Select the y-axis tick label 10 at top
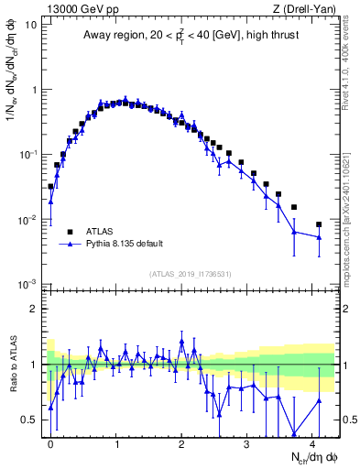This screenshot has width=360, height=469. (32, 25)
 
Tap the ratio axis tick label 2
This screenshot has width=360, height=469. (35, 310)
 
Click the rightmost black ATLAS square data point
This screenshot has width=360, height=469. (319, 224)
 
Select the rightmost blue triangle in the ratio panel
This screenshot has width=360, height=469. (319, 400)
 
